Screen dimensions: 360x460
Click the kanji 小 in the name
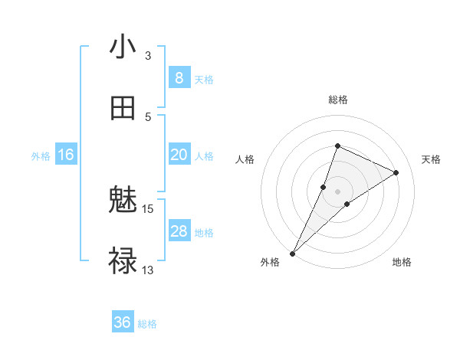tap(123, 47)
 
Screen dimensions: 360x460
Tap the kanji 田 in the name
tap(123, 109)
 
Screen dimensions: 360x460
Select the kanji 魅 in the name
tap(123, 201)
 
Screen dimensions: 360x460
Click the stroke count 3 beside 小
tap(148, 56)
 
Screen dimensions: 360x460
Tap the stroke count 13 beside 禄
tap(148, 270)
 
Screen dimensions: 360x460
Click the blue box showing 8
tap(179, 78)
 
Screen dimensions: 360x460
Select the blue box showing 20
tap(179, 155)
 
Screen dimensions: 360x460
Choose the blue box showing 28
tap(179, 231)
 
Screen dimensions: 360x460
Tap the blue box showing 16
tap(66, 155)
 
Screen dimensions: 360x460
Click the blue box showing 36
tap(123, 322)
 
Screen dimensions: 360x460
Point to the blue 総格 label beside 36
tap(147, 324)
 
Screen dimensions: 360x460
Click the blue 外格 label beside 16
tap(41, 156)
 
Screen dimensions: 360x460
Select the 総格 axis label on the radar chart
tap(337, 100)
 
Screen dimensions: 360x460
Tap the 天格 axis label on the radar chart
tap(431, 159)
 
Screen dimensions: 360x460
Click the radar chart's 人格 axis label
tap(245, 159)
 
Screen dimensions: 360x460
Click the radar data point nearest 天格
tap(396, 172)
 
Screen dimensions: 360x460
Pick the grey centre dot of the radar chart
tap(337, 191)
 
